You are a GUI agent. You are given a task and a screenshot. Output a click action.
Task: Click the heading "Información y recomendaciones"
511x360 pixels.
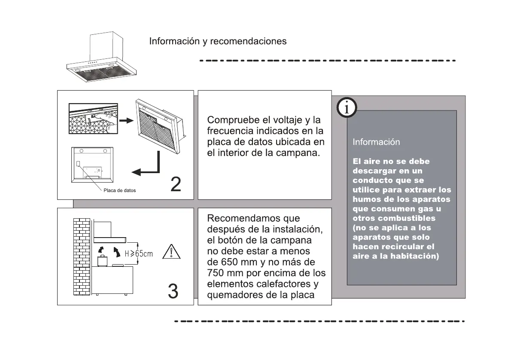pyautogui.click(x=218, y=42)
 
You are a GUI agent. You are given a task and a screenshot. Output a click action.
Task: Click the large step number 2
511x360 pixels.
pyautogui.click(x=176, y=184)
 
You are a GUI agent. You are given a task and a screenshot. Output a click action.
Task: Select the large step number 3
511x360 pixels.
pyautogui.click(x=173, y=292)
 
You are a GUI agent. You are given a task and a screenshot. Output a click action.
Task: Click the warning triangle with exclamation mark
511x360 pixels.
pyautogui.click(x=171, y=251)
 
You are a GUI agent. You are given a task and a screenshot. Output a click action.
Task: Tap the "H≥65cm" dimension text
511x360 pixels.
pyautogui.click(x=138, y=253)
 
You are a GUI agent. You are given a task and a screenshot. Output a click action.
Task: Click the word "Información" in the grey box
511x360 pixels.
pyautogui.click(x=376, y=142)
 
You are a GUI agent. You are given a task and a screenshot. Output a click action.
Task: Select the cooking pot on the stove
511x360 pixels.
pyautogui.click(x=102, y=260)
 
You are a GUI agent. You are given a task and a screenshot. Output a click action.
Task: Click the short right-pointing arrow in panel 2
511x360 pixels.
pyautogui.click(x=125, y=121)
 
